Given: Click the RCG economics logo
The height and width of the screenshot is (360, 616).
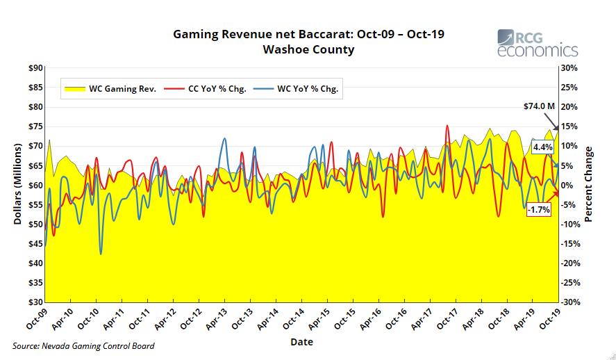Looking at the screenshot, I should (x=537, y=43).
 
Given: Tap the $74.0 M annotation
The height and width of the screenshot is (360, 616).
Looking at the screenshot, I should (x=539, y=106).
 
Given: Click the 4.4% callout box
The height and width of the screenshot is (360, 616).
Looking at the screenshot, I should (x=542, y=147).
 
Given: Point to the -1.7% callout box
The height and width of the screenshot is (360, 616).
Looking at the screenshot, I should (x=538, y=209).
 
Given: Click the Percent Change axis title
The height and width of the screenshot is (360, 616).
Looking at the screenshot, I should (x=589, y=185).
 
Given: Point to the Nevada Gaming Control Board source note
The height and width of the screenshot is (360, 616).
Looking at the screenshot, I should (x=83, y=346).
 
